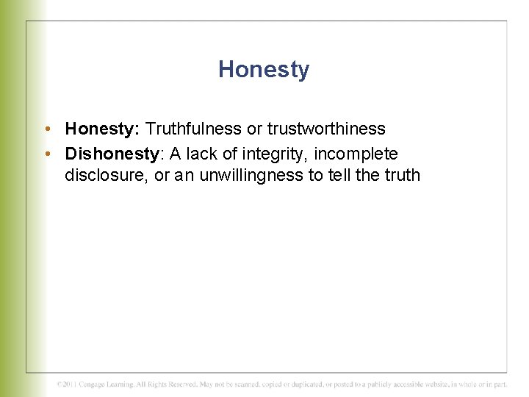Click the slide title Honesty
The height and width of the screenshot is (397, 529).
point(264,69)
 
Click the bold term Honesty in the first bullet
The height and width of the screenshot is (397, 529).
point(101,129)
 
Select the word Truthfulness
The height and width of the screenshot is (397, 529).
point(193,129)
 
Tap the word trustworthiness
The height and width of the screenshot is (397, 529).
point(326,129)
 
